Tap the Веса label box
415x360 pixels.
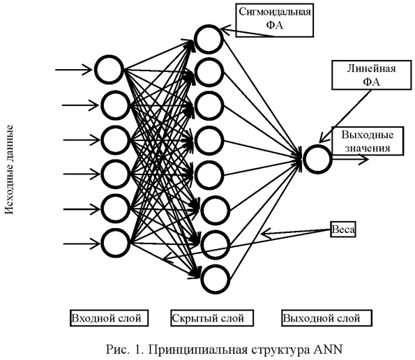342,229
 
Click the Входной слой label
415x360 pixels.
107,318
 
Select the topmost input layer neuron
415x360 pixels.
109,70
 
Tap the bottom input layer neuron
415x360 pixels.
115,242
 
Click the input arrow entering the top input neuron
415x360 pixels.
73,69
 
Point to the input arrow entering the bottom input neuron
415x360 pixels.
80,243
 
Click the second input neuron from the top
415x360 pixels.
115,105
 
